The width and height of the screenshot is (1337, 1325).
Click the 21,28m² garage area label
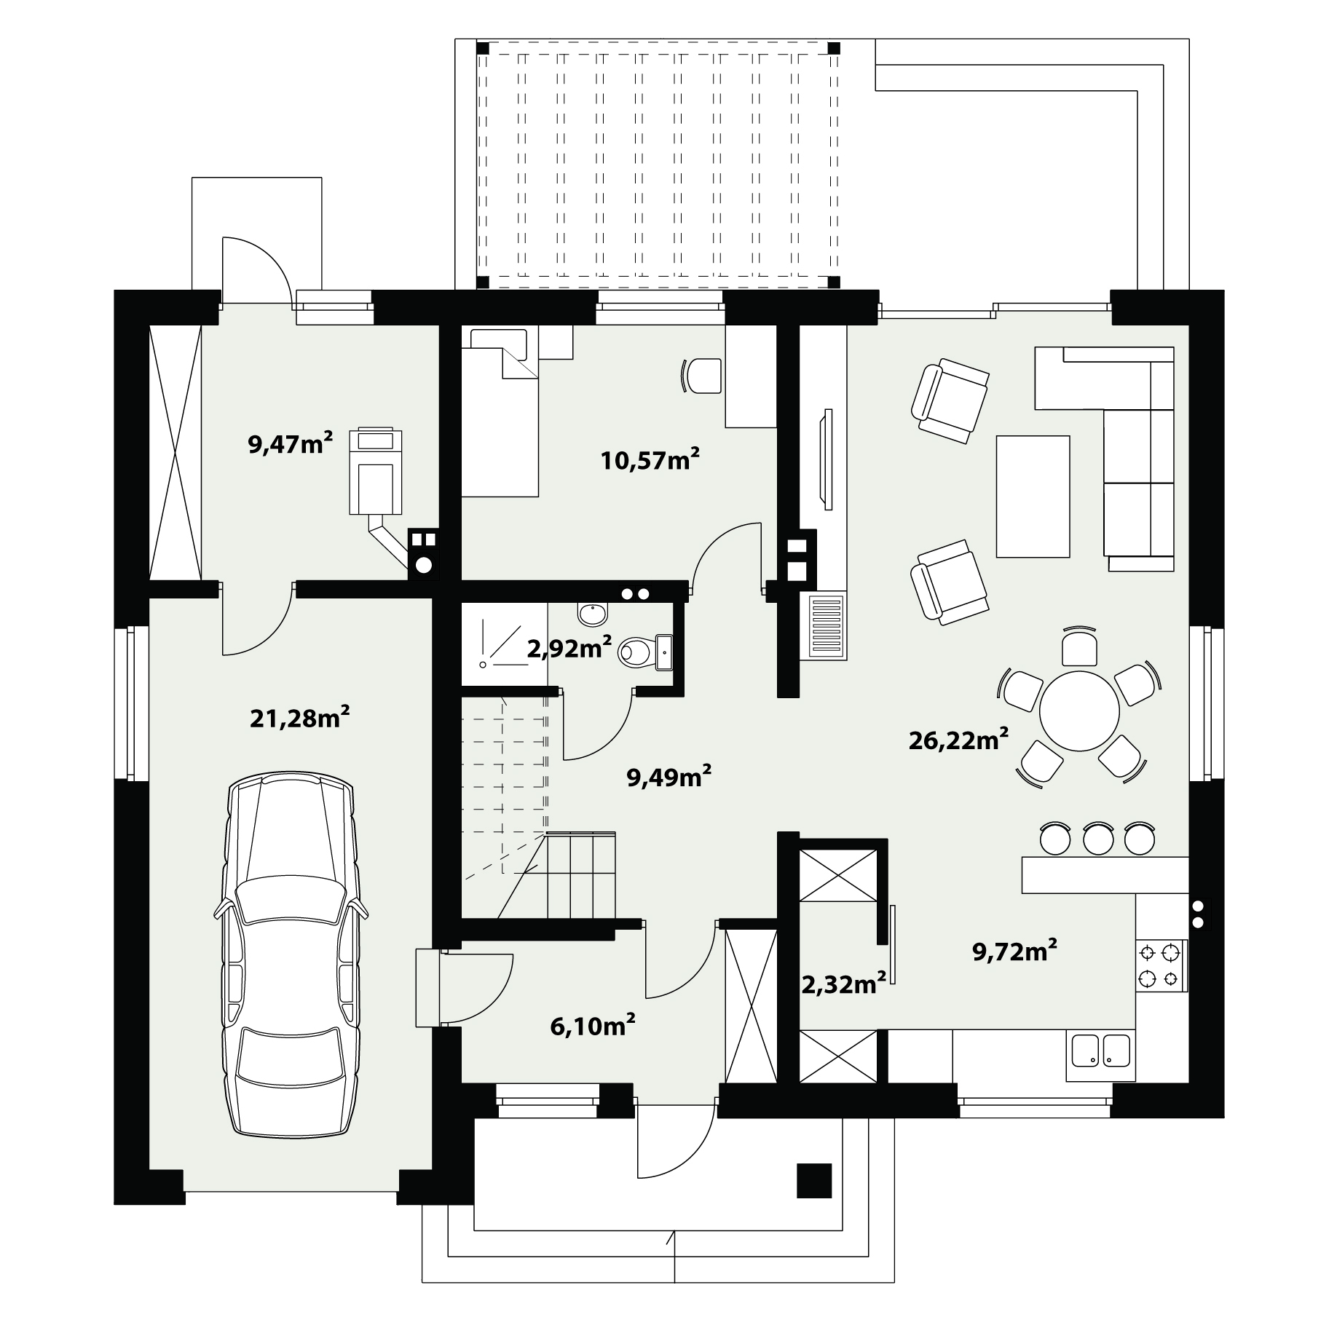click(x=299, y=718)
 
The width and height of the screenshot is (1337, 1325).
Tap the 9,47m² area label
click(x=291, y=443)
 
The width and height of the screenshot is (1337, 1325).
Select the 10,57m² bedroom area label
click(x=650, y=459)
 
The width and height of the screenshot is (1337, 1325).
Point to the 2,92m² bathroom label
click(x=569, y=647)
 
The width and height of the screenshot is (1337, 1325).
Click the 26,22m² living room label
click(x=958, y=740)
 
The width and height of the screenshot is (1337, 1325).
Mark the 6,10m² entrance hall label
click(x=593, y=1027)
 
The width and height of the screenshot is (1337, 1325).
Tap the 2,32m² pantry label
click(x=844, y=984)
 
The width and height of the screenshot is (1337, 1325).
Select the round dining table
click(x=1079, y=711)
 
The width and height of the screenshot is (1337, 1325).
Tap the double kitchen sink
click(x=1100, y=1051)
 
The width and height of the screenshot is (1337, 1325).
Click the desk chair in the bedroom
click(x=701, y=376)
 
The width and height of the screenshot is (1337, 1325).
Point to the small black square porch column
click(x=814, y=1180)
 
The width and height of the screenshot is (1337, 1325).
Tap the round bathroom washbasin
click(x=592, y=614)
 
